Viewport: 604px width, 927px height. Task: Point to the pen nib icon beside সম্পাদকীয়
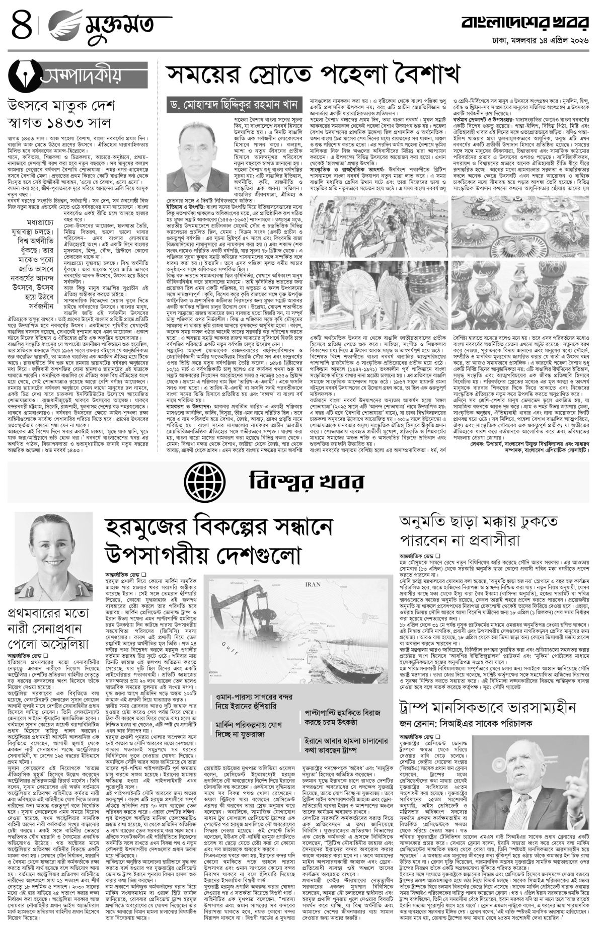pos(21,74)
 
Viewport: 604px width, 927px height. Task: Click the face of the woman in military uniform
pos(48,546)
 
